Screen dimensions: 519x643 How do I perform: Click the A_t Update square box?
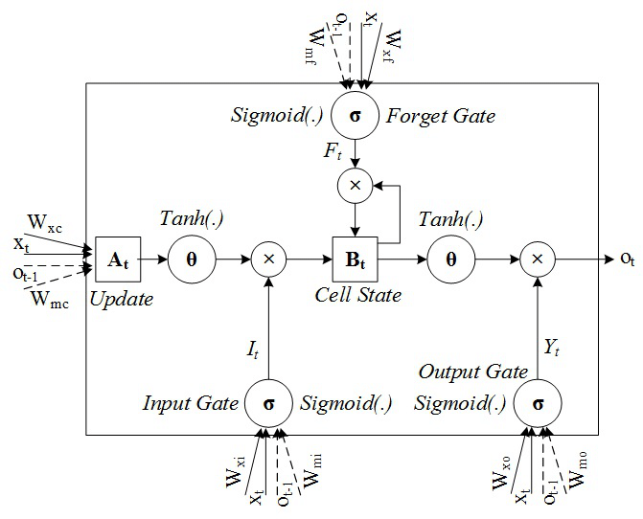pyautogui.click(x=114, y=259)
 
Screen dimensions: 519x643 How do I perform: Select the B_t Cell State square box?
pyautogui.click(x=355, y=259)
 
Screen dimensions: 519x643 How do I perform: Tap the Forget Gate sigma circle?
pyautogui.click(x=355, y=116)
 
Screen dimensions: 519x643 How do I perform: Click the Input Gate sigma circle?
pyautogui.click(x=269, y=403)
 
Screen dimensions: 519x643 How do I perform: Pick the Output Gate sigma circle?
pyautogui.click(x=538, y=403)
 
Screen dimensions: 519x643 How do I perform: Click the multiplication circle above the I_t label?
pyautogui.click(x=269, y=259)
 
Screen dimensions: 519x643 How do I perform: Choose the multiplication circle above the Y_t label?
pyautogui.click(x=538, y=259)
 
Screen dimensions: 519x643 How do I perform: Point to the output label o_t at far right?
pyautogui.click(x=627, y=259)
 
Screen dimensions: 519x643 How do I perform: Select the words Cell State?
pyautogui.click(x=358, y=295)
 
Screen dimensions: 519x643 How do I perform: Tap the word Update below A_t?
pyautogui.click(x=121, y=299)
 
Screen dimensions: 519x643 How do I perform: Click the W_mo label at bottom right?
pyautogui.click(x=581, y=472)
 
